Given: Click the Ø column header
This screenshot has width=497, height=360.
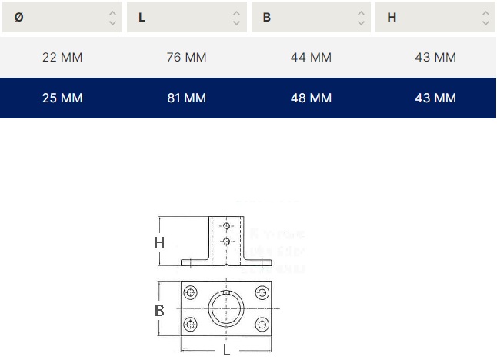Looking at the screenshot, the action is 18,17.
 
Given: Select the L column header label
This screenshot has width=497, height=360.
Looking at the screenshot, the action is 142,18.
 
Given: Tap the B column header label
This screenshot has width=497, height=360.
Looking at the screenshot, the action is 266,18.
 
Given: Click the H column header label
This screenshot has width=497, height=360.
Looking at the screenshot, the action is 392,18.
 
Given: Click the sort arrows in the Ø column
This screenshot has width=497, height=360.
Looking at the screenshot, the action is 112,18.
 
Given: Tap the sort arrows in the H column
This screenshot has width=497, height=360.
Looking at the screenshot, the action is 485,18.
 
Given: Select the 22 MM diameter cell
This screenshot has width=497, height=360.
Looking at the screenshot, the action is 62,58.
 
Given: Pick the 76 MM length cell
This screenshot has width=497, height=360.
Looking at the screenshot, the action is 187,58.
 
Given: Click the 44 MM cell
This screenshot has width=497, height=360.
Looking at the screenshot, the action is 311,58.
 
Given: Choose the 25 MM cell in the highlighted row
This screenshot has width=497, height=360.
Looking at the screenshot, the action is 62,98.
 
